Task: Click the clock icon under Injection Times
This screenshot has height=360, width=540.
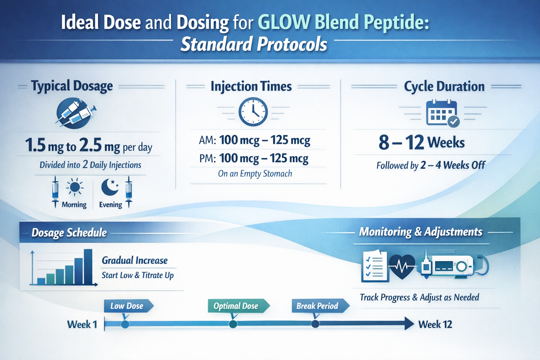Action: [253, 112]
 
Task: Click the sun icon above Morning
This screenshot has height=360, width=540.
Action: [75, 187]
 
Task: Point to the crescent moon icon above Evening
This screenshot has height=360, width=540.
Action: [109, 187]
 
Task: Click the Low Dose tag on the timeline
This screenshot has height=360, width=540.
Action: [128, 306]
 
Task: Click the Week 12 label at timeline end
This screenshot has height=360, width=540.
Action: [435, 324]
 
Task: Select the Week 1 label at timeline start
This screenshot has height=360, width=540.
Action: [82, 324]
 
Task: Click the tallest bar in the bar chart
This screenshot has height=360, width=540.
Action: [88, 266]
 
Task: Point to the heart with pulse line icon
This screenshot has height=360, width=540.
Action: [402, 266]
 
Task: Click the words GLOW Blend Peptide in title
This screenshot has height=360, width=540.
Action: [343, 22]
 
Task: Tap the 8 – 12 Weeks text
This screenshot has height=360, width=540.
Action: [422, 142]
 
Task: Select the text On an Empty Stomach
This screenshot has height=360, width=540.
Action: [255, 174]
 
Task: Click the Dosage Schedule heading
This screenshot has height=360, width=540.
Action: [69, 232]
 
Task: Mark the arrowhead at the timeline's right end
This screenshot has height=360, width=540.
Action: [409, 323]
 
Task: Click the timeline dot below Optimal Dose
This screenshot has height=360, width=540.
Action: [233, 324]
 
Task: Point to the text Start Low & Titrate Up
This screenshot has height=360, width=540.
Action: [137, 275]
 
